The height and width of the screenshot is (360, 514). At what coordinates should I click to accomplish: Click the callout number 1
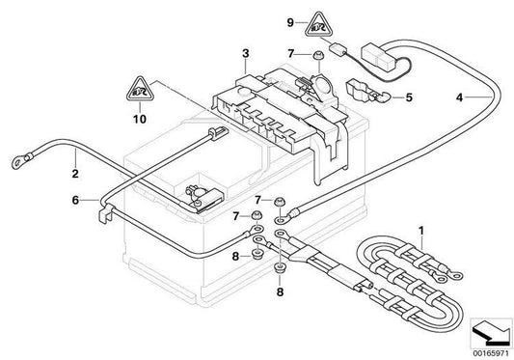tap(421, 231)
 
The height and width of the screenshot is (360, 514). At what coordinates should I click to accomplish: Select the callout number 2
tap(75, 174)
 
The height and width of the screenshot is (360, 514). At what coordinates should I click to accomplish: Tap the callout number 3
tap(246, 53)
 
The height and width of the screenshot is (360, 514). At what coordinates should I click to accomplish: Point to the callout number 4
tap(460, 97)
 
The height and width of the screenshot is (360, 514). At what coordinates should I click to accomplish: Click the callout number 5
tap(409, 97)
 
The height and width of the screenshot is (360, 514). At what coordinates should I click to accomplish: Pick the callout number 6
tap(75, 200)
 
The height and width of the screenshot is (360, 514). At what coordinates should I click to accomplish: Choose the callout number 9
tap(290, 22)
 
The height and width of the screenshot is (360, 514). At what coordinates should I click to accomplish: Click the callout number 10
tap(140, 119)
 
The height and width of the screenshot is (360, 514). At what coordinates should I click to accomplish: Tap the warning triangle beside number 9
tap(318, 25)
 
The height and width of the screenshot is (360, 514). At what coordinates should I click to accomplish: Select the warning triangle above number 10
tap(140, 90)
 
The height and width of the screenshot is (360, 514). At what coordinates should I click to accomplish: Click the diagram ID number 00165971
tap(491, 354)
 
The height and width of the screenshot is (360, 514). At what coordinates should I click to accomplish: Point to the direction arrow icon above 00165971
tap(491, 333)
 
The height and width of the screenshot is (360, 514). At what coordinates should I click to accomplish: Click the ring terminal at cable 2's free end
tap(18, 161)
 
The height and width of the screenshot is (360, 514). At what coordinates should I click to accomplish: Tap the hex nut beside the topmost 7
tap(317, 55)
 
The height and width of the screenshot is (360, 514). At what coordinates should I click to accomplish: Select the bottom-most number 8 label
tap(280, 291)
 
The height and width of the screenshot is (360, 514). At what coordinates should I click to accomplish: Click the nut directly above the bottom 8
tap(280, 267)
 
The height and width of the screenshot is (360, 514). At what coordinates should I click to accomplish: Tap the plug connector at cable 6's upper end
tap(218, 133)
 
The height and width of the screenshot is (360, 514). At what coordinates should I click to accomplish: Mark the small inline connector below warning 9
tap(338, 49)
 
